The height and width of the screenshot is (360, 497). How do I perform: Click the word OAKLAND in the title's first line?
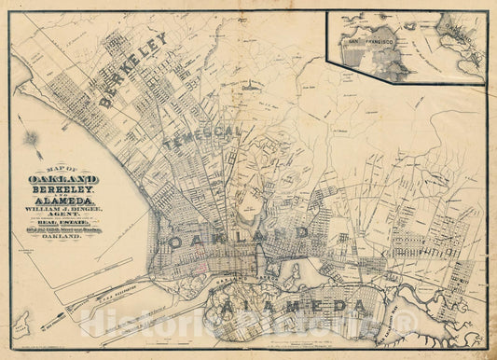click(x=64, y=178)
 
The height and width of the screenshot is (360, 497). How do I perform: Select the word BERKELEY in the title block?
click(x=63, y=187)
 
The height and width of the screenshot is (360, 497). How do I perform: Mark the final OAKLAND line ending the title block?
click(x=63, y=238)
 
